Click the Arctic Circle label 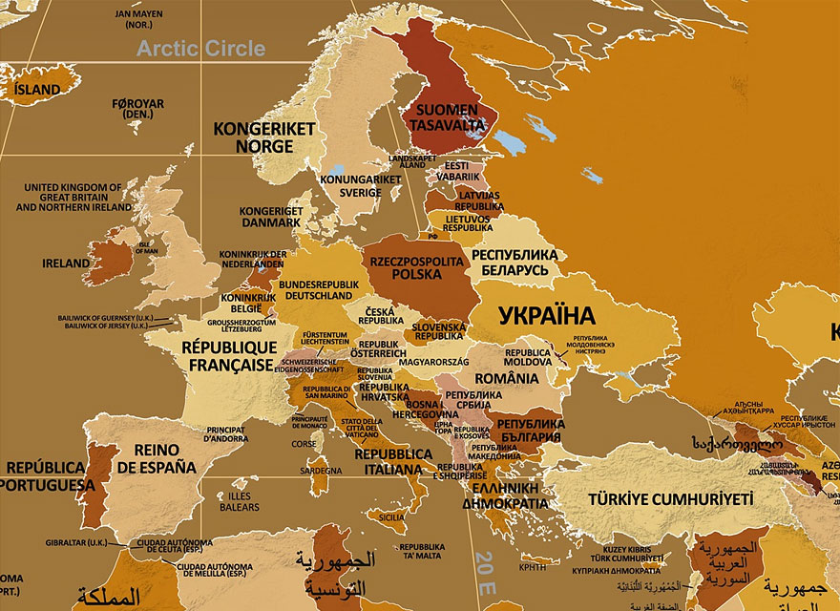(200, 49)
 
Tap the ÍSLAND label (37, 90)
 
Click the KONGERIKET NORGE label (252, 137)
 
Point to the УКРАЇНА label (547, 315)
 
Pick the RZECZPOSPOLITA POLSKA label (416, 267)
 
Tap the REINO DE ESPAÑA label (157, 459)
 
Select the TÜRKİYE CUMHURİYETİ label (670, 498)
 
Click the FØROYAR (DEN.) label (137, 109)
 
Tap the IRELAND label (66, 263)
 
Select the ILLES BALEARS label (239, 501)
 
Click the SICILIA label (391, 517)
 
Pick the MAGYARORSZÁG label (433, 363)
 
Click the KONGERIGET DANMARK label (270, 216)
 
